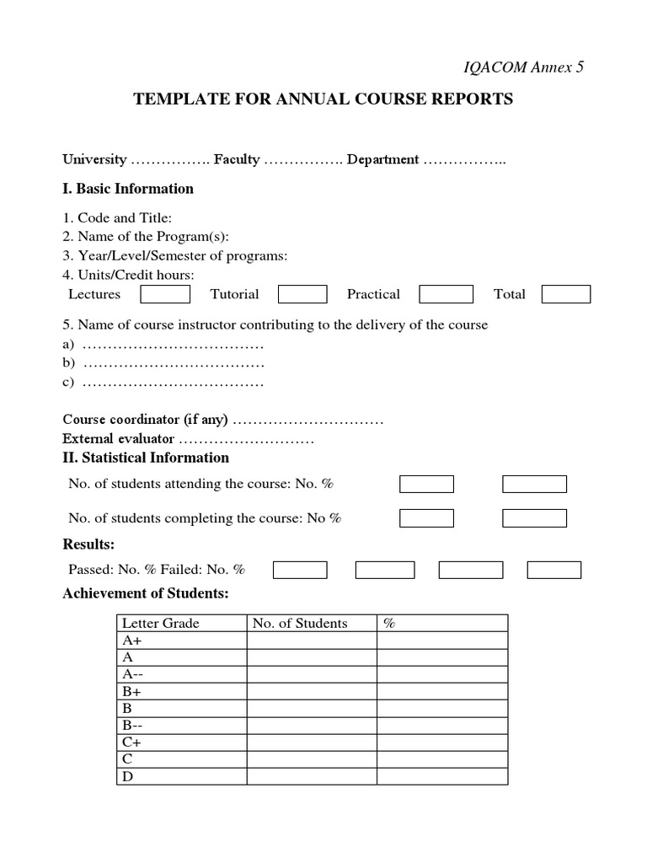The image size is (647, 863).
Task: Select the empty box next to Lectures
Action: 165,294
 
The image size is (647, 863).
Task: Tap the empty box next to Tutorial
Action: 302,294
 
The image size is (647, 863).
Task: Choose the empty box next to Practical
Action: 446,294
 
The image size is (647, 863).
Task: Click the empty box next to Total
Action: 565,294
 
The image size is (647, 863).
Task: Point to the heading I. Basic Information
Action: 128,189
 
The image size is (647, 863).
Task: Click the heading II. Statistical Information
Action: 146,458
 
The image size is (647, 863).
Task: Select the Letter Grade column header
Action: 161,624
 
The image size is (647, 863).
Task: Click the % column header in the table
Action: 389,624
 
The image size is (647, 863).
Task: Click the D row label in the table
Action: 128,776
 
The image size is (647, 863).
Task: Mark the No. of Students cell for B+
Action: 311,691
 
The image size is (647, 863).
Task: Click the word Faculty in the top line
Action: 237,159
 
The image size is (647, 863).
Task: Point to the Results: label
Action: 88,544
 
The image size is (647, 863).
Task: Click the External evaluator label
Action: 118,439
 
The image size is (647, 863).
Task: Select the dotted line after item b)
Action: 174,363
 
